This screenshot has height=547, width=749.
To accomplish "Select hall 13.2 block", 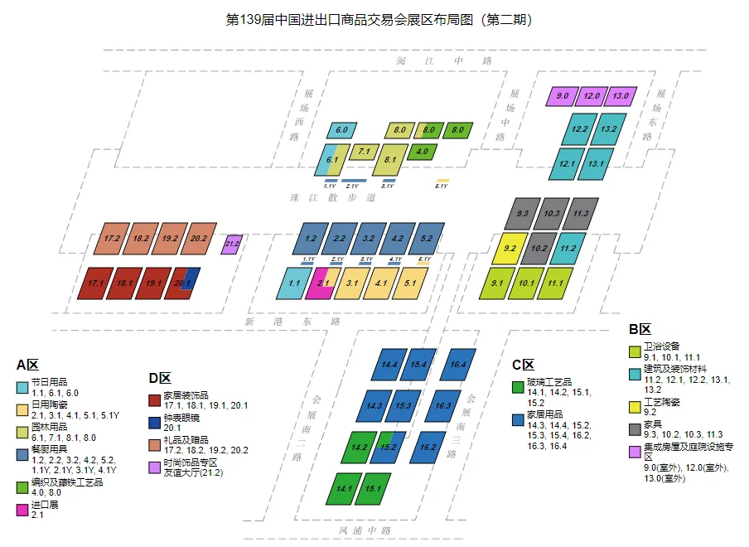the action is pyautogui.click(x=607, y=129).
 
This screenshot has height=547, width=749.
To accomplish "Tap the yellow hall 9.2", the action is pyautogui.click(x=510, y=248).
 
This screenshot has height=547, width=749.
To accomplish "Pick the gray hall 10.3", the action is pyautogui.click(x=550, y=214).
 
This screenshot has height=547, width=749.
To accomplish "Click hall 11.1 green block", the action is pyautogui.click(x=554, y=283).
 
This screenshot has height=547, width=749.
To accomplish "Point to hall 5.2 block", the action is pyautogui.click(x=426, y=238).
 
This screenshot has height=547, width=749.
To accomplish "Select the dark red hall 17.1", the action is pyautogui.click(x=94, y=283).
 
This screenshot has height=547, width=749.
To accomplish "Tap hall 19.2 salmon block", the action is pyautogui.click(x=169, y=238).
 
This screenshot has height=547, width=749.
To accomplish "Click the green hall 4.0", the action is pyautogui.click(x=422, y=152).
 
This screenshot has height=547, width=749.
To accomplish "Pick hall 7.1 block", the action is pyautogui.click(x=363, y=152).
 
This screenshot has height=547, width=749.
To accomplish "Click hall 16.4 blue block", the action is pyautogui.click(x=458, y=364).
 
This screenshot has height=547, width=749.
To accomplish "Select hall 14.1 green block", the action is pyautogui.click(x=344, y=488).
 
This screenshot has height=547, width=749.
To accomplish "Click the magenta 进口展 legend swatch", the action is pyautogui.click(x=22, y=510).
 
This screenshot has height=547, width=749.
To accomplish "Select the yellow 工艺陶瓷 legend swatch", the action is pyautogui.click(x=635, y=407).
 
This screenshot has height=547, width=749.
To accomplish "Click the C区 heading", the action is pyautogui.click(x=523, y=365).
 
